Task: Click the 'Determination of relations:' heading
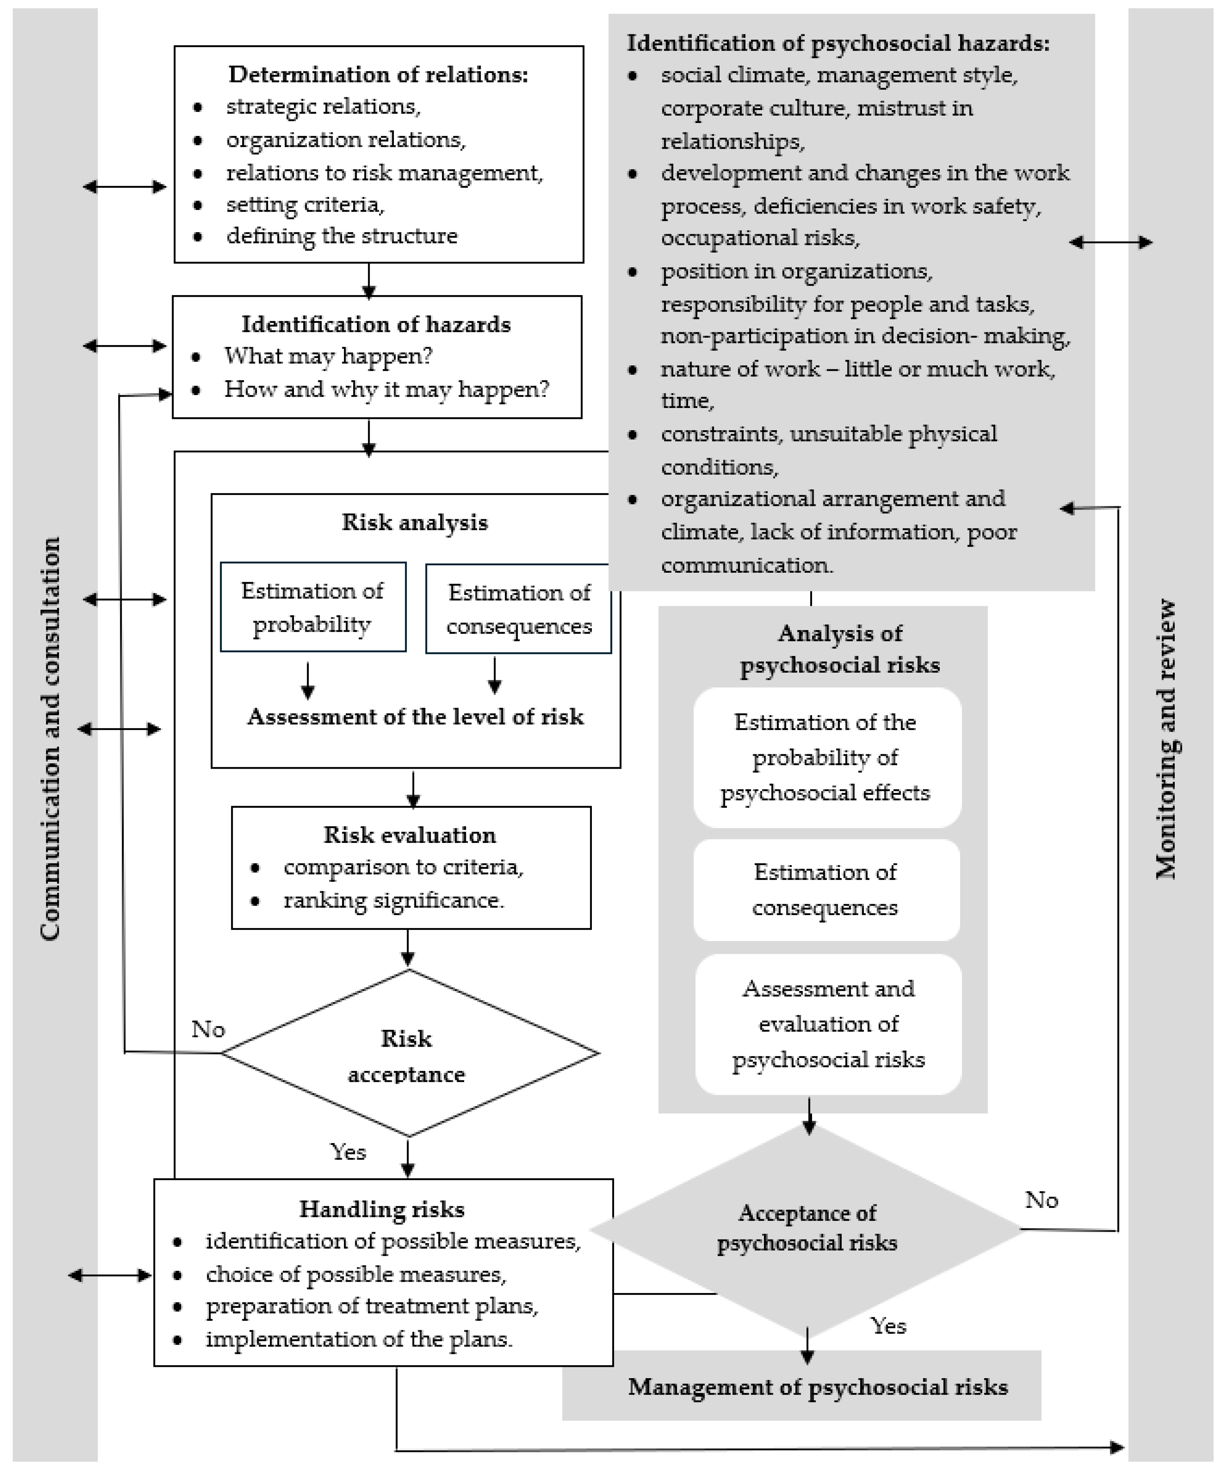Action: pos(378,74)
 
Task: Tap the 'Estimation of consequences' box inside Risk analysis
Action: pos(518,609)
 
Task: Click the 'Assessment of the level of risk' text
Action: pos(415,717)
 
